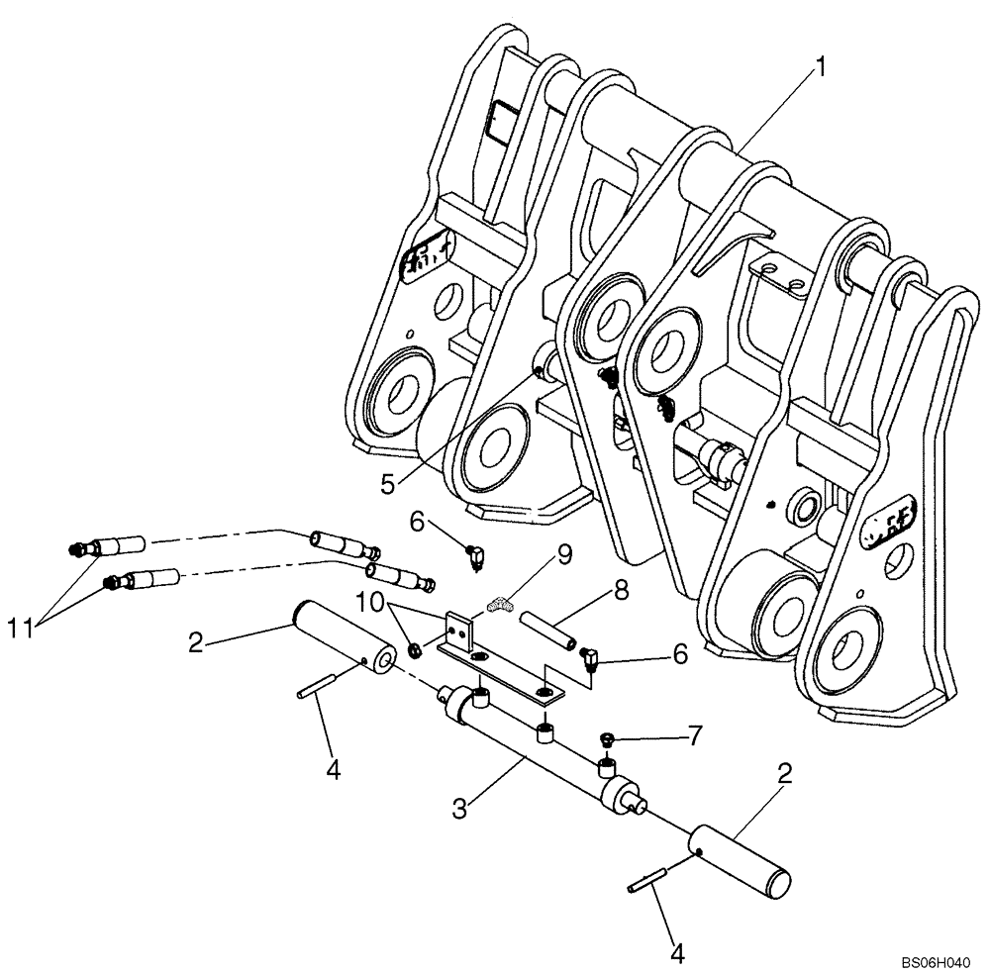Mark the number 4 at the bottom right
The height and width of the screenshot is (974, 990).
point(677,954)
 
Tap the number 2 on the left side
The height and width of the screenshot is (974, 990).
point(195,642)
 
